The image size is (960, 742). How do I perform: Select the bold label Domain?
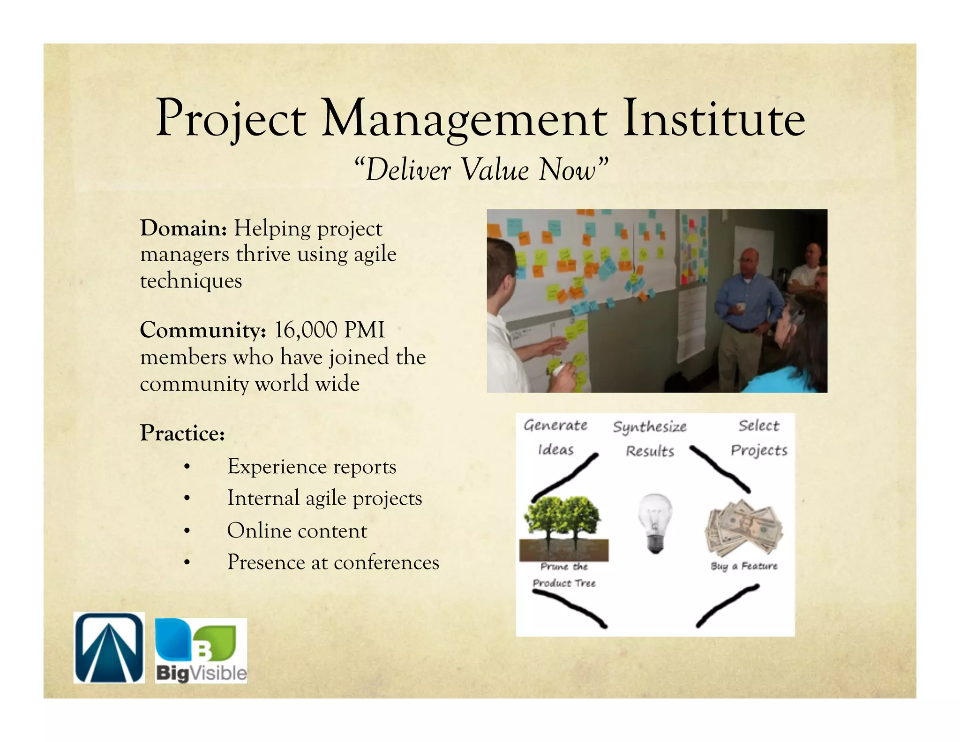183,228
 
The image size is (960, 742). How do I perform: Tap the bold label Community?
203,330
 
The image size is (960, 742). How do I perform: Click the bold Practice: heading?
182,432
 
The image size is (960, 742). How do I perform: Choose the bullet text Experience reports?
312,467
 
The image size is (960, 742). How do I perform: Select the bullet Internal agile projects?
324,498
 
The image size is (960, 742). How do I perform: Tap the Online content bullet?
297,531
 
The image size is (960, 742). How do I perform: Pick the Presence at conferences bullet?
333,562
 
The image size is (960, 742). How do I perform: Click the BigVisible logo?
201,650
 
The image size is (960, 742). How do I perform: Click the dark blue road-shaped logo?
109,648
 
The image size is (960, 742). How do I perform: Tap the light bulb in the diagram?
655,522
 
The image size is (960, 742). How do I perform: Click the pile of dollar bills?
744,527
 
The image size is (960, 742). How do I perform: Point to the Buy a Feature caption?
744,566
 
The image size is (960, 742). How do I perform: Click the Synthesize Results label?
650,439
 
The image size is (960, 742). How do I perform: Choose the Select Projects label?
758,438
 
